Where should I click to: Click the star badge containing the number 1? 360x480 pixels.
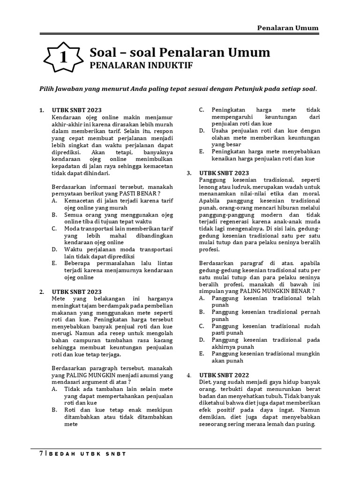[x=63, y=57]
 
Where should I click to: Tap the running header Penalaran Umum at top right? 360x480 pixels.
[x=288, y=28]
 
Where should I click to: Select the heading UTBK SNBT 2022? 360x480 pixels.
[x=225, y=375]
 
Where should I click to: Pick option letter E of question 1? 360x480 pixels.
[x=54, y=264]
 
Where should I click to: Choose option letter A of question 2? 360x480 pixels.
[x=54, y=389]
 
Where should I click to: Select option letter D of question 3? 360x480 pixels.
[x=201, y=339]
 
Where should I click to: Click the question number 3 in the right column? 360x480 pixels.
[x=188, y=173]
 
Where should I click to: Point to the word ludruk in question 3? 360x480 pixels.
[x=239, y=187]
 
